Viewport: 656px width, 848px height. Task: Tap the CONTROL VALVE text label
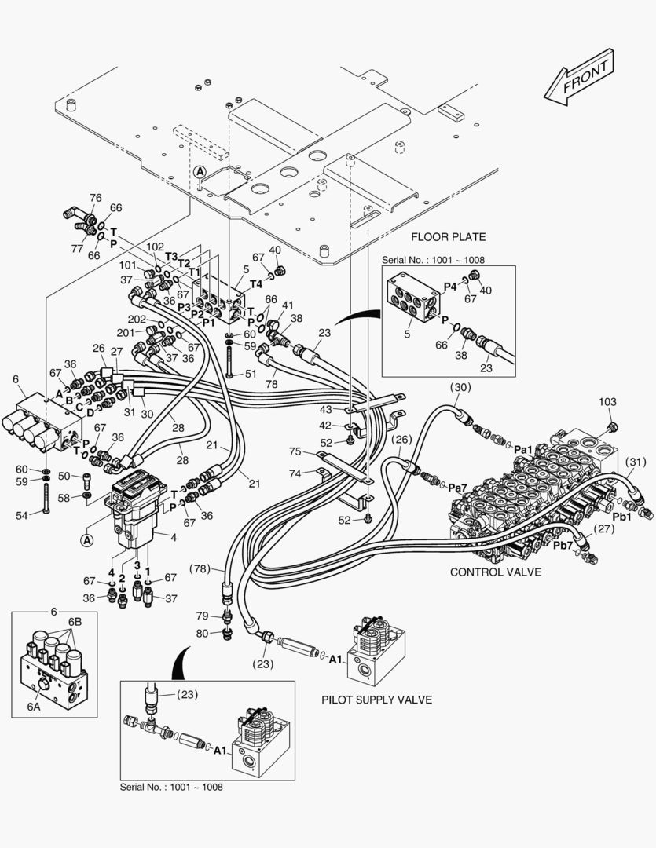pyautogui.click(x=495, y=572)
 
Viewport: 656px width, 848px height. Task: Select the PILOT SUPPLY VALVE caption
pyautogui.click(x=376, y=699)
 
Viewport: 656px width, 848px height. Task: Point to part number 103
pyautogui.click(x=607, y=401)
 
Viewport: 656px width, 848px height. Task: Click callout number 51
pyautogui.click(x=250, y=374)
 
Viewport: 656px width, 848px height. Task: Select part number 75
pyautogui.click(x=295, y=451)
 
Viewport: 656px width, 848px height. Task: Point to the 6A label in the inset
pyautogui.click(x=34, y=707)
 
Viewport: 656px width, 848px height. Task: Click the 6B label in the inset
pyautogui.click(x=74, y=620)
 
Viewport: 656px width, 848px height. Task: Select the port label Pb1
pyautogui.click(x=622, y=517)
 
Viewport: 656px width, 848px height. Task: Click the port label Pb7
pyautogui.click(x=563, y=545)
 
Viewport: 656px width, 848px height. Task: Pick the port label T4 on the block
pyautogui.click(x=256, y=284)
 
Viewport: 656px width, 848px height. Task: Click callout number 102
pyautogui.click(x=156, y=247)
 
